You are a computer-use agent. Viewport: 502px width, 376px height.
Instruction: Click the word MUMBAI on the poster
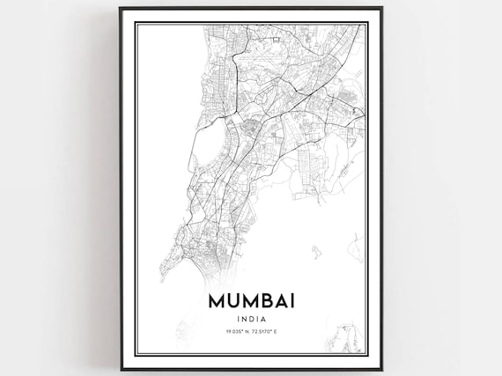click(x=252, y=300)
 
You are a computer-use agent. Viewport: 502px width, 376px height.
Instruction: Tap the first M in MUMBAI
click(x=218, y=300)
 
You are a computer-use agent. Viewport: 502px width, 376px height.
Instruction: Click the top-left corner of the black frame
click(x=120, y=7)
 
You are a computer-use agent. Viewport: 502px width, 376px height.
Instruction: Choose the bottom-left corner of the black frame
click(x=120, y=369)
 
